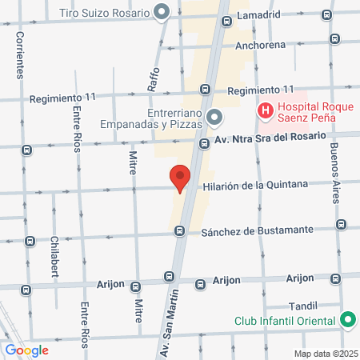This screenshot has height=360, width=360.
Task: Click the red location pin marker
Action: point(180,178)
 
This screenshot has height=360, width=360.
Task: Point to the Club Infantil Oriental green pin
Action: point(347,321)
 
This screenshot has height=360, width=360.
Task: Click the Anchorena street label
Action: point(259,45)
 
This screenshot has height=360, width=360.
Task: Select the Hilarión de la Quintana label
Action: point(255,185)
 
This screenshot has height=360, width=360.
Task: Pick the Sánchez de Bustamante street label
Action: point(255,230)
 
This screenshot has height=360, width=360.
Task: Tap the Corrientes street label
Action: point(18,56)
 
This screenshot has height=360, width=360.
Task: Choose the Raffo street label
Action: point(152,75)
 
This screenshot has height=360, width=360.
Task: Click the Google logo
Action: point(26,350)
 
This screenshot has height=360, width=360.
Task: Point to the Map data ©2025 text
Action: point(324,354)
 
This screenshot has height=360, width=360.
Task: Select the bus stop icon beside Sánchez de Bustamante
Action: point(180,231)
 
